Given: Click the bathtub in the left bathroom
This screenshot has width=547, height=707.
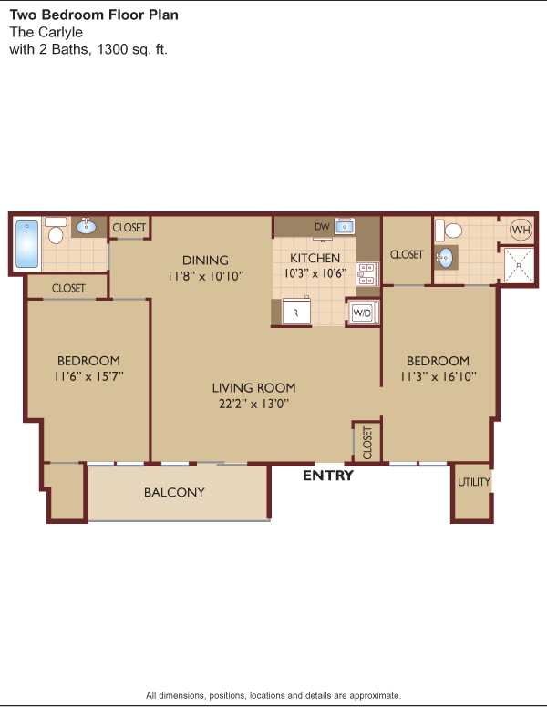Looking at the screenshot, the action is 26,244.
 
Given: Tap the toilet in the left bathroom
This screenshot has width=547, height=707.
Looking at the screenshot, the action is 56,231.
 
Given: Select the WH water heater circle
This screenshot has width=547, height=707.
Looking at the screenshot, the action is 521,230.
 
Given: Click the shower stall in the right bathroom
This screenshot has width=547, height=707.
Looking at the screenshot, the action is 519,265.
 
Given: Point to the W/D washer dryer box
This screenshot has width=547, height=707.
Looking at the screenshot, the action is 362,312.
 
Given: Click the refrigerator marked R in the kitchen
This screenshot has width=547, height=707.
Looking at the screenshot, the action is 296,312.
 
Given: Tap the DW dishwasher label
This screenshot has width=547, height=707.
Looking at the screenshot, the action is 322,226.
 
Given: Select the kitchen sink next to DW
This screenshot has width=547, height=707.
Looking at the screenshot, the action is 344,226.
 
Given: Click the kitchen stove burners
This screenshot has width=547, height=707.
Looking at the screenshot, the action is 366,274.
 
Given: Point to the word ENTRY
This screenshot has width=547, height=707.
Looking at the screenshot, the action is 327,476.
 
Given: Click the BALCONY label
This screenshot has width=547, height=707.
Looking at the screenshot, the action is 174,492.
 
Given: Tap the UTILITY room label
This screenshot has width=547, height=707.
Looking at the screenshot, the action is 473,482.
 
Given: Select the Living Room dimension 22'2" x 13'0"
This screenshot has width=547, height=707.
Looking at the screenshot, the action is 253,404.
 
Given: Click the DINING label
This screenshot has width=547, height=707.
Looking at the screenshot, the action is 205,261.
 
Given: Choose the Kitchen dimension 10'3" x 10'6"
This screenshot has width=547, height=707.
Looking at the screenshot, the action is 315,273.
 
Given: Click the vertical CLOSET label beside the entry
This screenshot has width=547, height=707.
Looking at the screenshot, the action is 367,443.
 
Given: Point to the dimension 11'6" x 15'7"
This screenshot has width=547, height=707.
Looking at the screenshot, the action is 88,376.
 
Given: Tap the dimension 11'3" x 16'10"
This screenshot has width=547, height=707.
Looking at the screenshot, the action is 439,376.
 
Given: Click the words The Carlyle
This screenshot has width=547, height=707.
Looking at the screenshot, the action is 46,32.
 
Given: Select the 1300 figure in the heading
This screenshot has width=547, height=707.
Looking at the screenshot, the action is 112,48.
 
